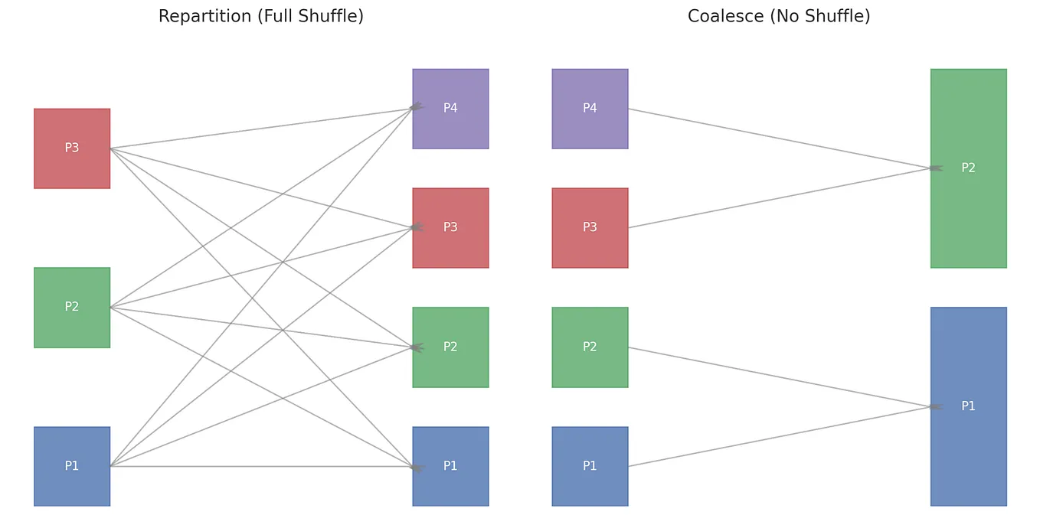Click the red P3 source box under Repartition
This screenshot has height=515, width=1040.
[x=72, y=148]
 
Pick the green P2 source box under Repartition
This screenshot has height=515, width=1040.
[x=72, y=307]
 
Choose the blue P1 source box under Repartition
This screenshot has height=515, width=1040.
[x=72, y=466]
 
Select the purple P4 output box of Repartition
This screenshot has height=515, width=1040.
[x=450, y=108]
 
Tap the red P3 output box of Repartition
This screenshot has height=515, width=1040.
[x=450, y=227]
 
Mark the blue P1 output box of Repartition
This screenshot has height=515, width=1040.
[x=450, y=466]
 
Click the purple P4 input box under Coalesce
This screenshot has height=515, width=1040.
[x=590, y=108]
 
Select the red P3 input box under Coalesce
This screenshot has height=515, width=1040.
[x=590, y=227]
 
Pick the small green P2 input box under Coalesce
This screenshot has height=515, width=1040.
[x=590, y=347]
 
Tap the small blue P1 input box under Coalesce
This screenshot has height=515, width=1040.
[x=590, y=466]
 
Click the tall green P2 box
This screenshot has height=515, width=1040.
[x=969, y=168]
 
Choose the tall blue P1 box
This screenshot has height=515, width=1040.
[x=969, y=406]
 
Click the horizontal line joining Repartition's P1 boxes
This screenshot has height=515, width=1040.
[x=260, y=466]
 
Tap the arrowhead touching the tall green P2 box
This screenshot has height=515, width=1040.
[x=935, y=168]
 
